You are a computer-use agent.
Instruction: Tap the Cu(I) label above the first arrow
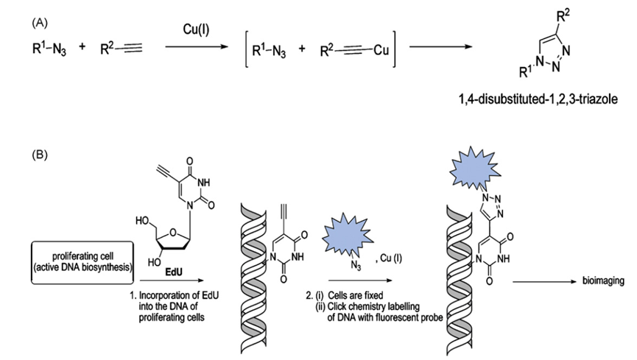[198, 29]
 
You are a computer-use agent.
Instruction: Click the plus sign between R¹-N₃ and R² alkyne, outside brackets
[82, 49]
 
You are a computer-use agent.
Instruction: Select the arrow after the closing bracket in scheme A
[440, 50]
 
